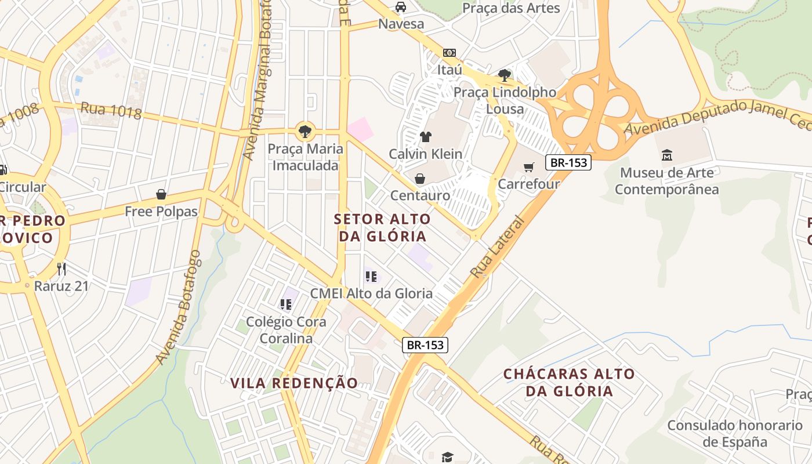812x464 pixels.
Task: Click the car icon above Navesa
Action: pyautogui.click(x=400, y=7)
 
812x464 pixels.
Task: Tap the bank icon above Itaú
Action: pyautogui.click(x=449, y=53)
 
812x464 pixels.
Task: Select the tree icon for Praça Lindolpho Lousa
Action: pyautogui.click(x=505, y=75)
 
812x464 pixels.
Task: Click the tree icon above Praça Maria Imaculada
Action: pyautogui.click(x=304, y=131)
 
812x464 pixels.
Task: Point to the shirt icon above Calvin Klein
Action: pyautogui.click(x=426, y=137)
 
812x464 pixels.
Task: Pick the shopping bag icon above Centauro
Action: pyautogui.click(x=420, y=179)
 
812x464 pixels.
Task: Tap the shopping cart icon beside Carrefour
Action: pyautogui.click(x=528, y=168)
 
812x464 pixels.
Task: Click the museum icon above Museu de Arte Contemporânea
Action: pyautogui.click(x=666, y=155)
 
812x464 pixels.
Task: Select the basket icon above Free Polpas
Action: pyautogui.click(x=161, y=194)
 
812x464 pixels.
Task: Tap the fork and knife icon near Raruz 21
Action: pyautogui.click(x=61, y=269)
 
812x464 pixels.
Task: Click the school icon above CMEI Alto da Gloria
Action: pyautogui.click(x=371, y=277)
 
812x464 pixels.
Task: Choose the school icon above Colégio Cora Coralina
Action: pyautogui.click(x=285, y=304)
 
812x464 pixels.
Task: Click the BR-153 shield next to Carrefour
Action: pyautogui.click(x=568, y=163)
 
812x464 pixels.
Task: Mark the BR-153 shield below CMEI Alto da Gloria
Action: pyautogui.click(x=425, y=345)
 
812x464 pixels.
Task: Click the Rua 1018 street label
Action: pyautogui.click(x=111, y=110)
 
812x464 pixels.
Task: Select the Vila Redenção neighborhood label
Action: pyautogui.click(x=294, y=383)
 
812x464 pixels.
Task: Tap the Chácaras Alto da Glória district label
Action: pyautogui.click(x=569, y=382)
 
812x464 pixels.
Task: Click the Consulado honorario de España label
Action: pyautogui.click(x=735, y=433)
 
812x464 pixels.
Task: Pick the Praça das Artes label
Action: pyautogui.click(x=511, y=8)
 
